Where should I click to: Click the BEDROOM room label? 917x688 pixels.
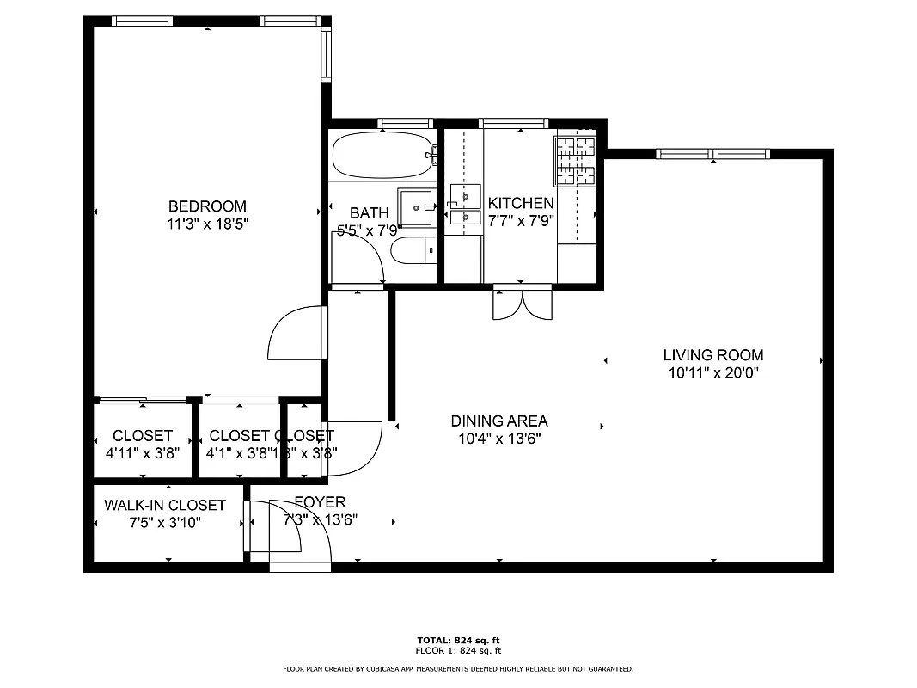(207, 206)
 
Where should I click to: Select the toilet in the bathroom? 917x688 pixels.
(411, 250)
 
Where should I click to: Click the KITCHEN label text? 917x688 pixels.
(521, 203)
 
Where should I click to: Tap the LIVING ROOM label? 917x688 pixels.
(712, 354)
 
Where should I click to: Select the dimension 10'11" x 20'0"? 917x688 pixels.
(712, 373)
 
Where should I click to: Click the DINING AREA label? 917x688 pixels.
(498, 421)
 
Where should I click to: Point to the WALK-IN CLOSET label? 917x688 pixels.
(165, 505)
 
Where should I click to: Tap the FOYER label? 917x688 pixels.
(320, 502)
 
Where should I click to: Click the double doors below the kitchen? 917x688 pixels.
(521, 303)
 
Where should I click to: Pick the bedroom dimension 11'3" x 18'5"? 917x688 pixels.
(207, 224)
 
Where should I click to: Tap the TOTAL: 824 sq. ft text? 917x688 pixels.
(458, 640)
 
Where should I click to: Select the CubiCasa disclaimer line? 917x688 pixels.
(458, 668)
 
